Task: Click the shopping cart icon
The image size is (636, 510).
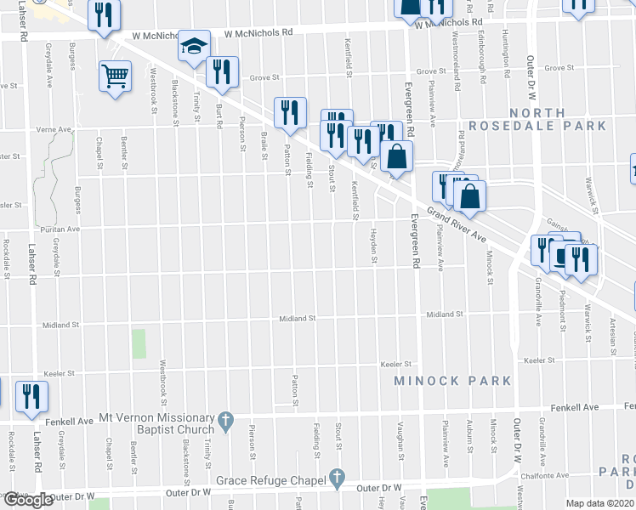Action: click(114, 75)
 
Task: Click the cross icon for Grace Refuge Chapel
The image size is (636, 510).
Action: click(337, 479)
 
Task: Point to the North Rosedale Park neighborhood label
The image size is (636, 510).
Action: click(558, 119)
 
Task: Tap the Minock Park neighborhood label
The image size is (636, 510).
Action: click(452, 380)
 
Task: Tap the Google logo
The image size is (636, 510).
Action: click(27, 500)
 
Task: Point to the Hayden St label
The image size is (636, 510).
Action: click(373, 246)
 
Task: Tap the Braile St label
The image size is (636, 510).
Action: click(265, 134)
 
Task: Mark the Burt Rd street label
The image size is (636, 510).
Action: click(219, 110)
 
